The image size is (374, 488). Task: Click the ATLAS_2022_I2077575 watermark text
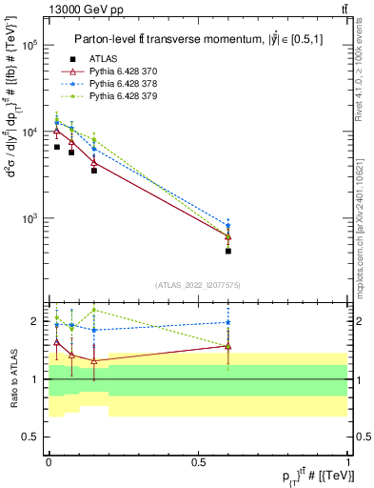pyautogui.click(x=198, y=285)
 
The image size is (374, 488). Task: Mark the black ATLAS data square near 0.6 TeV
pyautogui.click(x=228, y=252)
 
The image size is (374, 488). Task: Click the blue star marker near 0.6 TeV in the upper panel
pyautogui.click(x=228, y=226)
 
